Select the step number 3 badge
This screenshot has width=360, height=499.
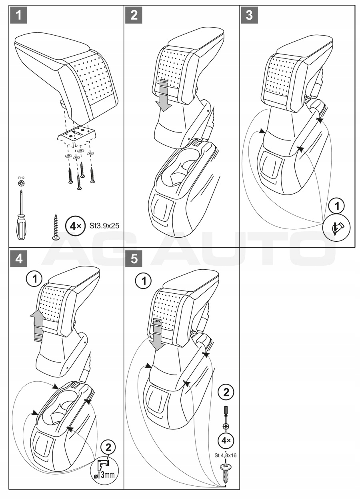250,16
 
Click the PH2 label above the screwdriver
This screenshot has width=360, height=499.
20,176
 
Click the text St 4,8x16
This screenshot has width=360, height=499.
226,455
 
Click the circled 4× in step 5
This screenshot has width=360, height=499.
226,441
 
